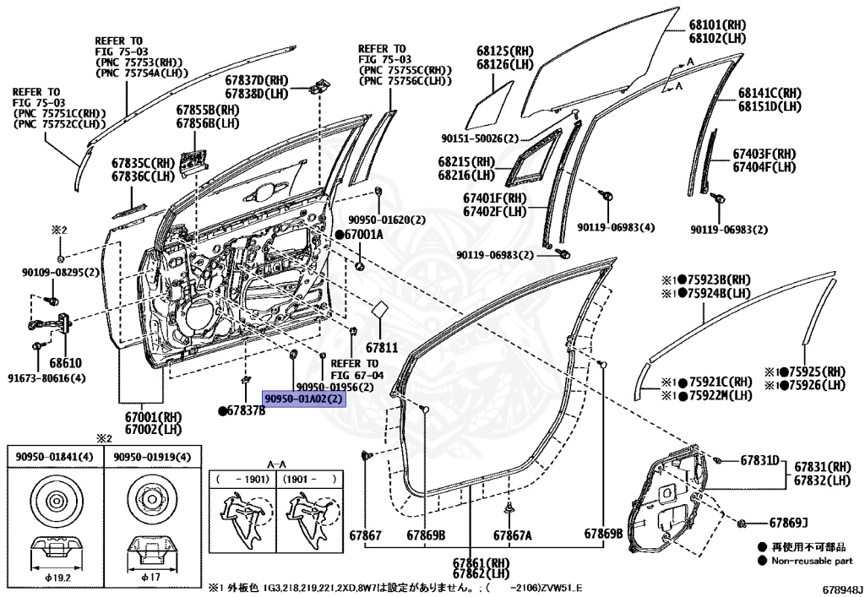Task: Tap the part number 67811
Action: [x=381, y=348]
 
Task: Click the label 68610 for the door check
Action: [x=65, y=363]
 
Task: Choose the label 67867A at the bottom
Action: [x=513, y=535]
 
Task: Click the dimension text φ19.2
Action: [x=55, y=578]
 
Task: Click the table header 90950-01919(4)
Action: [x=149, y=457]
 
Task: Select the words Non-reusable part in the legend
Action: [x=812, y=560]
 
